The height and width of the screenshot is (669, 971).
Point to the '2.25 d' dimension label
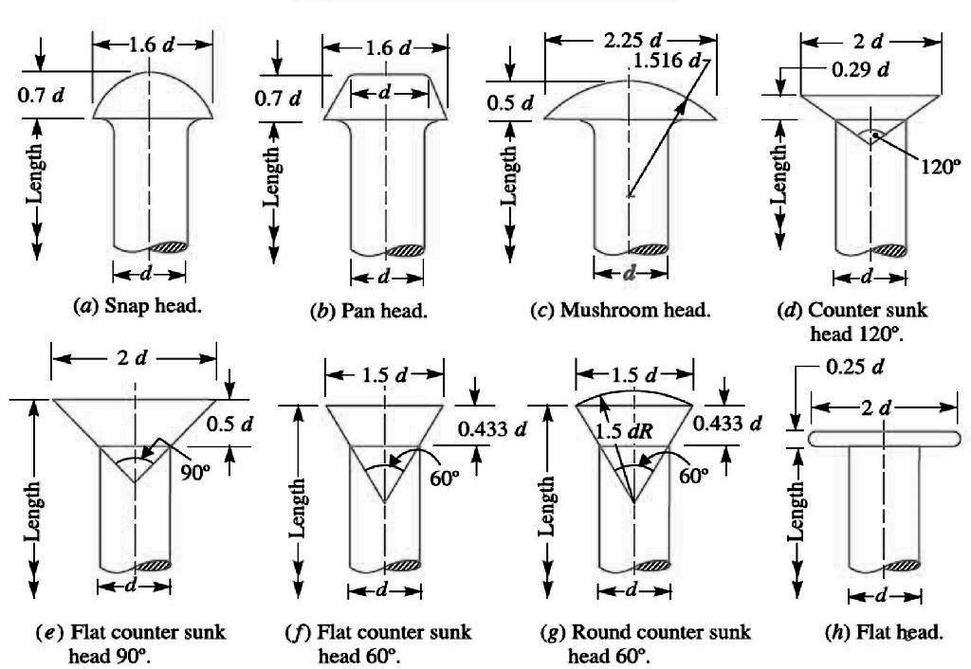coord(630,42)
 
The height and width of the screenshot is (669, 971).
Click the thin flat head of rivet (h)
coord(882,437)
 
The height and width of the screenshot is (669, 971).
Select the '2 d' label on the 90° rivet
coord(135,359)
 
